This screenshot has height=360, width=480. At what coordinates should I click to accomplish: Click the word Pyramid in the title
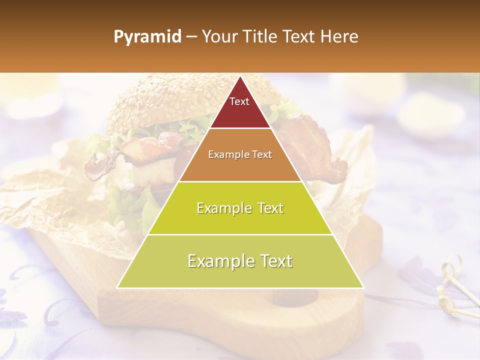(147, 37)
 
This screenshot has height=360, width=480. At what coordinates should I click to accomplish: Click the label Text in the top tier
(239, 101)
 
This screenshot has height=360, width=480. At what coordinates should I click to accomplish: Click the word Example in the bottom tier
(219, 261)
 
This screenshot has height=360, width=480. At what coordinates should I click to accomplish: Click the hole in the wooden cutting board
(295, 298)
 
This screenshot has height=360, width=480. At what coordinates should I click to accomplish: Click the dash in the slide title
(191, 37)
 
